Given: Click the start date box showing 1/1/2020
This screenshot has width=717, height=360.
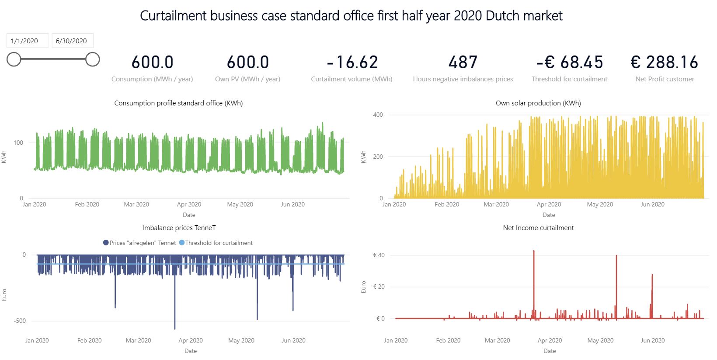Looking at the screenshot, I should coord(24,41).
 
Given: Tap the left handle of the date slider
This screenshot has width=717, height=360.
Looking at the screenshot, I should coord(14,59).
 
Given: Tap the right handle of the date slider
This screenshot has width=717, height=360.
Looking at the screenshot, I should coord(92,59).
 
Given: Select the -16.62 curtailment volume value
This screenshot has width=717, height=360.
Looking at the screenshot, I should coord(352,63).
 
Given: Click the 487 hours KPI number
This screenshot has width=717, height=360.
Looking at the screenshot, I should coord(463,63).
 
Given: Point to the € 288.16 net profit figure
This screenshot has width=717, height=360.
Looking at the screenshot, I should coord(664,63).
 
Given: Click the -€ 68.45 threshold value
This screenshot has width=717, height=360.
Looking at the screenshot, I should coord(569,63).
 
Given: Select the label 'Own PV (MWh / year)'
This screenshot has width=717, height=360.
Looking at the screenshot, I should coord(247,79).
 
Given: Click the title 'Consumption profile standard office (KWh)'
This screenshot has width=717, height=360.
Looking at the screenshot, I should coord(178,103).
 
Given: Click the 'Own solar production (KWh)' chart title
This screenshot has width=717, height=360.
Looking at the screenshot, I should coord(538,103).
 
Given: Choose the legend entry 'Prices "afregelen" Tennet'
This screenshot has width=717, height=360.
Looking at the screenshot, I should coord(139,243).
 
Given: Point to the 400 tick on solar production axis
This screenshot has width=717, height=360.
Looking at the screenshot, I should coord(378,115).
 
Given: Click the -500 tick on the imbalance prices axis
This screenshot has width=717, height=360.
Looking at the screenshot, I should coord(20,321).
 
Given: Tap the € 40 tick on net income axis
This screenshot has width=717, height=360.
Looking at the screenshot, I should coord(379,255).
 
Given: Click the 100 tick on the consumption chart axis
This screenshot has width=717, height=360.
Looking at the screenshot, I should coord(18,143).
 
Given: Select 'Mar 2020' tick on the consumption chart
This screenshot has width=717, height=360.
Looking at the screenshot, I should coord(136,204).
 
